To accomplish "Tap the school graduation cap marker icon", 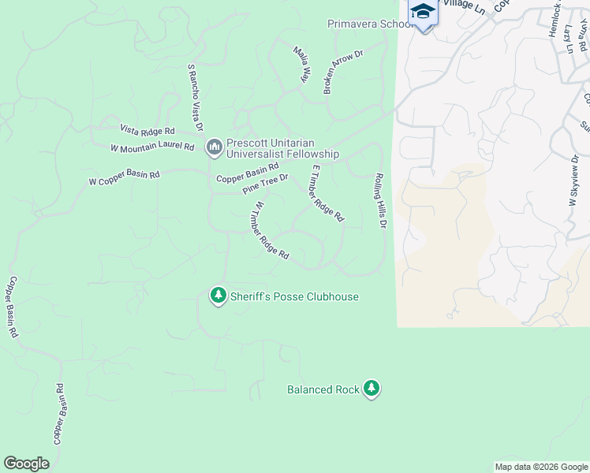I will (x=423, y=13).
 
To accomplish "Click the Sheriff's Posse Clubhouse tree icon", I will (x=218, y=296).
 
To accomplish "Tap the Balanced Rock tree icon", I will (x=372, y=389).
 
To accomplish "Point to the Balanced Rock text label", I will (x=323, y=389).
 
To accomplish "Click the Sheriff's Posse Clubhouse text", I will (x=294, y=297).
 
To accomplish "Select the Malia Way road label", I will (x=301, y=65).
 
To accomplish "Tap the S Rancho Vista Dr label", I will (x=195, y=98).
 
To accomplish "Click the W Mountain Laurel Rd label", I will (x=152, y=147).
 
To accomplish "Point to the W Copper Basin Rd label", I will (x=124, y=179).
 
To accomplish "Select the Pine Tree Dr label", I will (x=266, y=184).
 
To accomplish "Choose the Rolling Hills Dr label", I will (x=380, y=201).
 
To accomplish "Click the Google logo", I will (x=27, y=464).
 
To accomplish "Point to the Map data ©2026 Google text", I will (x=540, y=467).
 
